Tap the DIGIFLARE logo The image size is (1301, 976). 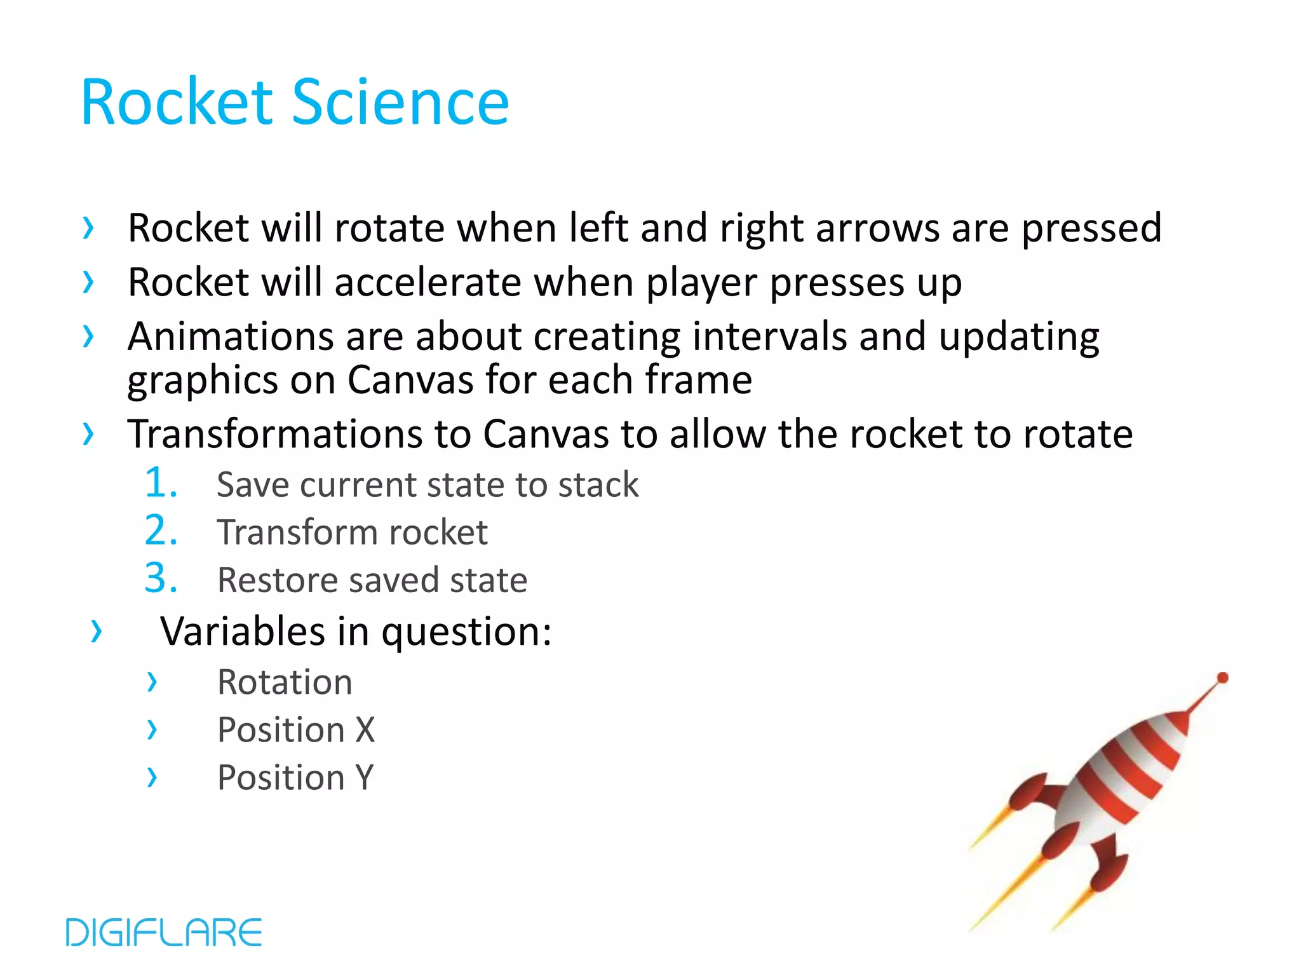[164, 932]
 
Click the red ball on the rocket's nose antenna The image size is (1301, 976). [1222, 678]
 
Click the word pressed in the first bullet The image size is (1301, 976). [1091, 229]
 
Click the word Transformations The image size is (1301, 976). [275, 435]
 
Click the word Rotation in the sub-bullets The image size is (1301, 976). [285, 682]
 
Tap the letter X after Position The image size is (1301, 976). [365, 730]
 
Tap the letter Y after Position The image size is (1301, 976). [365, 778]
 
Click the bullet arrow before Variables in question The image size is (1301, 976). [96, 631]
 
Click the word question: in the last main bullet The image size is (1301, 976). [466, 633]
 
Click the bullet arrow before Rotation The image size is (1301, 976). [152, 682]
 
